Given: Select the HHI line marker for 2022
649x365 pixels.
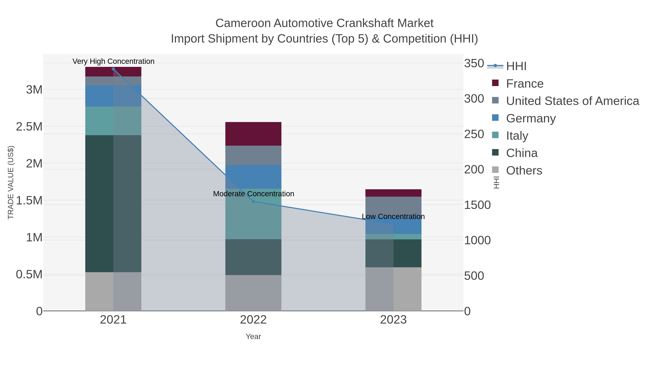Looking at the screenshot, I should tap(253, 201).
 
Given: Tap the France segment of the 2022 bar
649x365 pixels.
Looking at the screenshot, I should tap(253, 134).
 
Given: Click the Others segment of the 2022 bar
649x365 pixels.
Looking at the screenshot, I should tap(253, 293).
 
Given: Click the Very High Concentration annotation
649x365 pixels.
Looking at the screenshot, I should tap(113, 61).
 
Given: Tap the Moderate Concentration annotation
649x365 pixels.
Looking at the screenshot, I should tap(253, 194).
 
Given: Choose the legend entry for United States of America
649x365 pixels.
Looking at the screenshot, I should tap(572, 101).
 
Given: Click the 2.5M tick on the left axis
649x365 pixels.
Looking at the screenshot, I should tap(29, 127).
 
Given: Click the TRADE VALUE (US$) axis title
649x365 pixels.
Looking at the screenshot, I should tap(11, 182).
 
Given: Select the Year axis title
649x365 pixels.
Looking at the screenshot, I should tap(253, 336).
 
